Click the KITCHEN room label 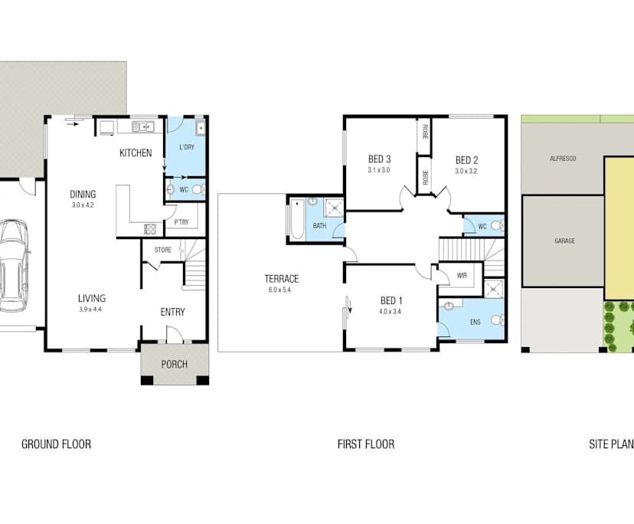tap(136, 153)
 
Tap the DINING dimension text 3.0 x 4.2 tap(83, 205)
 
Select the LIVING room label tap(92, 299)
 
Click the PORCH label tap(175, 364)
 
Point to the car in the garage tap(13, 266)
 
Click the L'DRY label tap(187, 147)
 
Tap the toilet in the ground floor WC tap(198, 189)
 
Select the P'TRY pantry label tap(181, 222)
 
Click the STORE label tap(163, 250)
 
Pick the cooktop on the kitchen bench tap(149, 229)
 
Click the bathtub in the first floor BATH tap(297, 219)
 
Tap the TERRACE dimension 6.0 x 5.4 tap(279, 290)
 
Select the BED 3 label tap(379, 159)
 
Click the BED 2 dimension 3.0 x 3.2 tap(466, 171)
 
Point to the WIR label tap(462, 276)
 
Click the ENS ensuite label tap(475, 322)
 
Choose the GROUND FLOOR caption tap(56, 444)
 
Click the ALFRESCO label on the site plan tap(563, 159)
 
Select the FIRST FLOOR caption tap(366, 444)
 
